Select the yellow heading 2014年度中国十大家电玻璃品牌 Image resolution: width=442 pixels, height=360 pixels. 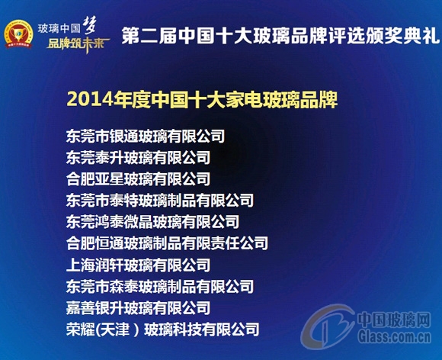202,98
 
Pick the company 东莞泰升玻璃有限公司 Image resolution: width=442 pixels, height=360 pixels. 138,159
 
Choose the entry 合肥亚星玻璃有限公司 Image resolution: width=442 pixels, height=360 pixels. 138,180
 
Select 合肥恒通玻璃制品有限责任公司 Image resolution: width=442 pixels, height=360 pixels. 167,244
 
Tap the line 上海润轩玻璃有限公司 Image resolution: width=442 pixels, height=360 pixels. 138,265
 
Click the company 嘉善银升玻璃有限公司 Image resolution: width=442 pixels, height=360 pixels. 138,308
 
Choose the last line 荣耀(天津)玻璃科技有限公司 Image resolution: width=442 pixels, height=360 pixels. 162,330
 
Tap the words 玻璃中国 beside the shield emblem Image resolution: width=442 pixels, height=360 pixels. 59,25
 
